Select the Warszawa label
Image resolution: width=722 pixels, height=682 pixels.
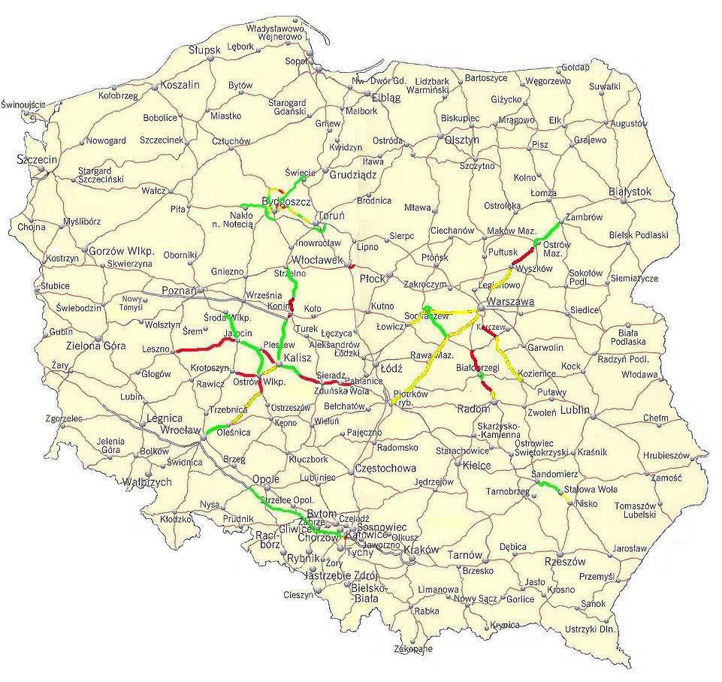pyautogui.click(x=510, y=301)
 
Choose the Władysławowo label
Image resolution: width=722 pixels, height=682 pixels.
pyautogui.click(x=279, y=27)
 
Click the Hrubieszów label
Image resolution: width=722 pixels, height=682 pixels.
pyautogui.click(x=666, y=455)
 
